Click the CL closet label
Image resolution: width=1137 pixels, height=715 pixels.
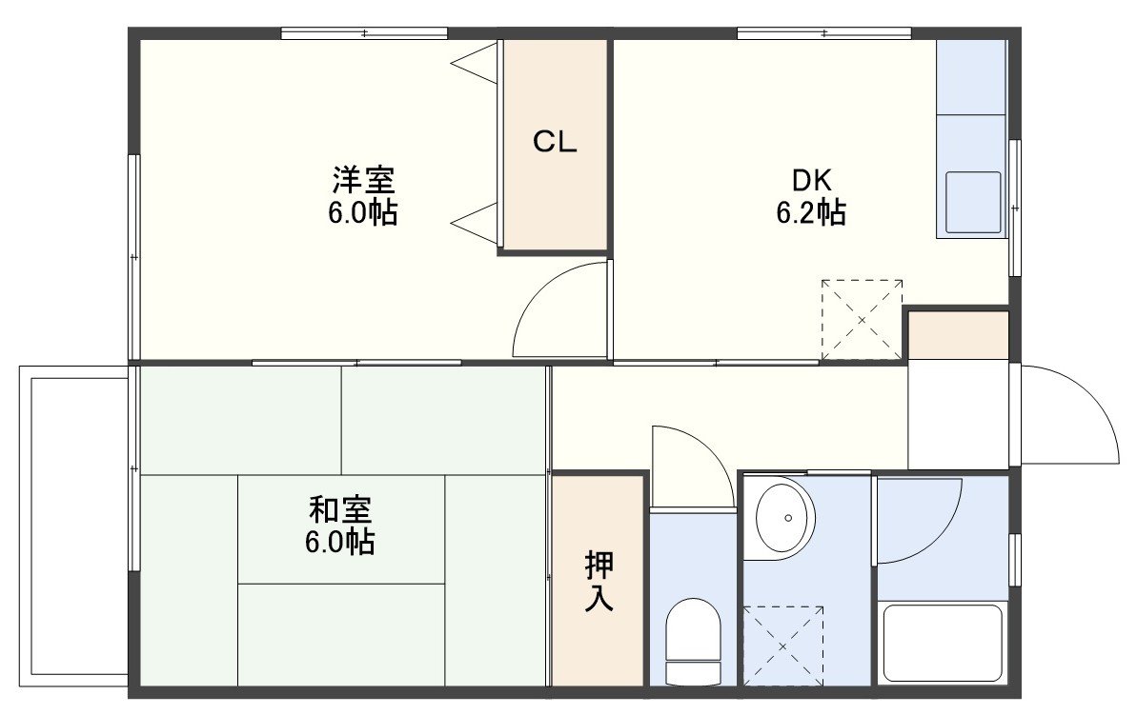[555, 141]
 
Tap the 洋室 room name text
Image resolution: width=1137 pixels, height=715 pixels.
[363, 179]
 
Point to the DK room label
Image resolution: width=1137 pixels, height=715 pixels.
[811, 179]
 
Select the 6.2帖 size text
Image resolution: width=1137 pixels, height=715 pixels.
[811, 212]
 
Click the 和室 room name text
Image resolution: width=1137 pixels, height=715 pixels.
[340, 510]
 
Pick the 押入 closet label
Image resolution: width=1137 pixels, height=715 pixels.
[599, 581]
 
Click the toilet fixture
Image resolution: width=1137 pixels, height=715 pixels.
[693, 641]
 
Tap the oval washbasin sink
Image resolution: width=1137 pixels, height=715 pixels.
[785, 517]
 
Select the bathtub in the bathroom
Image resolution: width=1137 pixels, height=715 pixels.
[943, 643]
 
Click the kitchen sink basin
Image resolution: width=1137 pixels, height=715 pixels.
[973, 201]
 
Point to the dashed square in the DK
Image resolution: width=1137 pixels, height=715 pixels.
[862, 320]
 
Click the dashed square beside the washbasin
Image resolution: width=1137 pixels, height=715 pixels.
[783, 645]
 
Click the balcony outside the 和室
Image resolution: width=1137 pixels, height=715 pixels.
[74, 526]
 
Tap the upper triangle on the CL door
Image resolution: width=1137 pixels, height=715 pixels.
[475, 64]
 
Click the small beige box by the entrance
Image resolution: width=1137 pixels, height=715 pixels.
[959, 335]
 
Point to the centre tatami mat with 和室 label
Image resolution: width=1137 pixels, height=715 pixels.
[341, 528]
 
